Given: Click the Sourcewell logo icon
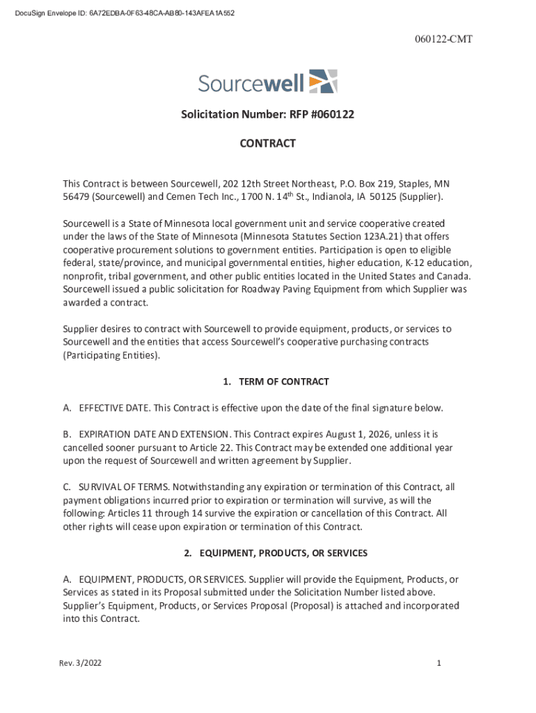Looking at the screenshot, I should (323, 81).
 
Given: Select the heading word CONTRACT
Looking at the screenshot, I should (268, 143).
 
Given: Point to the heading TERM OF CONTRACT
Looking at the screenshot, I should (283, 382).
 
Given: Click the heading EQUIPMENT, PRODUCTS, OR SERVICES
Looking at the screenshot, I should (283, 553).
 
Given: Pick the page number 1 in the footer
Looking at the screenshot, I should (439, 664).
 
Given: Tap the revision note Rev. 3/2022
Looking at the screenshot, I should (80, 664).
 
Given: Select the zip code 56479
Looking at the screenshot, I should (76, 197).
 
